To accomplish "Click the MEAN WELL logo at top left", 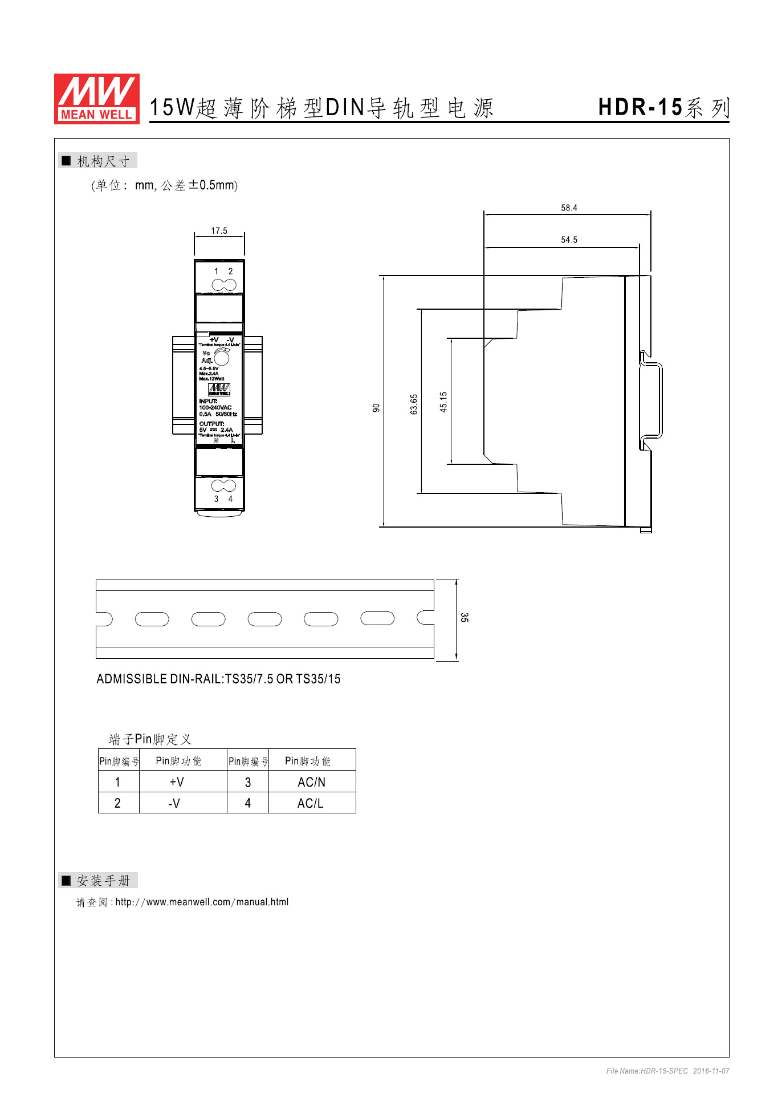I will pyautogui.click(x=96, y=98).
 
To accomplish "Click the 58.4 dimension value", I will pyautogui.click(x=569, y=208).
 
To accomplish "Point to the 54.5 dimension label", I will pyautogui.click(x=569, y=240).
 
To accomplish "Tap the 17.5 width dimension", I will pyautogui.click(x=219, y=230).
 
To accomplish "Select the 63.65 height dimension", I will pyautogui.click(x=414, y=404).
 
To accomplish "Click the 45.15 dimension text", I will pyautogui.click(x=443, y=402).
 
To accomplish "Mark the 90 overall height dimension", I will pyautogui.click(x=376, y=407).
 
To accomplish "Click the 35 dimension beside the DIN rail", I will pyautogui.click(x=464, y=617).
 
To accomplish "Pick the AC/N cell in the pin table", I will pyautogui.click(x=311, y=782).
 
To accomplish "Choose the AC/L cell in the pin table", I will pyautogui.click(x=310, y=803).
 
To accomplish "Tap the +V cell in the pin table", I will pyautogui.click(x=177, y=782).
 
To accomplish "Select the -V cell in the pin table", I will pyautogui.click(x=174, y=803).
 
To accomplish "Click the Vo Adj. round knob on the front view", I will pyautogui.click(x=222, y=358).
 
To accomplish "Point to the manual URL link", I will pyautogui.click(x=202, y=902).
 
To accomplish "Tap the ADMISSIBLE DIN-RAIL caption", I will pyautogui.click(x=218, y=679).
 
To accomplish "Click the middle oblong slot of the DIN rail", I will pyautogui.click(x=264, y=619).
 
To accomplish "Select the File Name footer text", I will pyautogui.click(x=667, y=1071).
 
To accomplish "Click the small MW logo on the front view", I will pyautogui.click(x=219, y=390).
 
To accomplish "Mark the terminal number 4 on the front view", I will pyautogui.click(x=230, y=499).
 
